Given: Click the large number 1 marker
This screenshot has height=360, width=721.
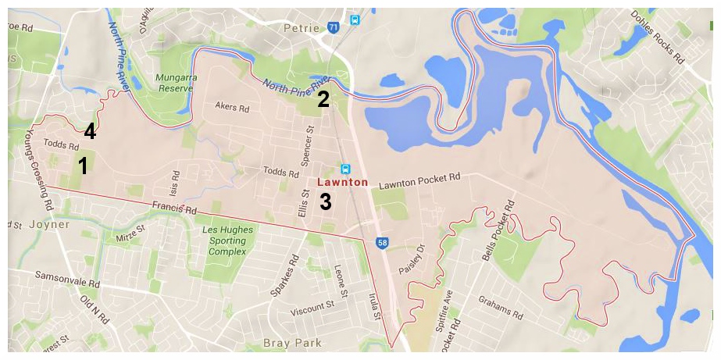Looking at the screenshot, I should point(82,166).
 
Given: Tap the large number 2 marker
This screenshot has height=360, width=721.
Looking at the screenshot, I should point(323,99).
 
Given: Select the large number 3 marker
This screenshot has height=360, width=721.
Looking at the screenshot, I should point(325,202).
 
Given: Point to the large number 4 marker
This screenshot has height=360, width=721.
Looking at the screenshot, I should point(90,131).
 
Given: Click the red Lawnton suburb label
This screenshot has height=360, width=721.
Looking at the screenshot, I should point(342,182).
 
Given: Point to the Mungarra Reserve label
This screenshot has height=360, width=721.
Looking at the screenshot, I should point(173,83).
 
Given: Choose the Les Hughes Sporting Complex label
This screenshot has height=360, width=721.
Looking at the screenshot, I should point(224,241).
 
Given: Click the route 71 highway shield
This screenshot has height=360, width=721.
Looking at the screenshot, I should point(334,27).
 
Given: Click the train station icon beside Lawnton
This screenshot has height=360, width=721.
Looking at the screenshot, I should point(345,169).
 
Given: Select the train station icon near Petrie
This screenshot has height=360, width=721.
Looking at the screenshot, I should point(355,20).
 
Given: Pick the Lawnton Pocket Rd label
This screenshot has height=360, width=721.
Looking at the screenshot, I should point(419,183).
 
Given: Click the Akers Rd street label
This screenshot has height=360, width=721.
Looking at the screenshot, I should point(231,108).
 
